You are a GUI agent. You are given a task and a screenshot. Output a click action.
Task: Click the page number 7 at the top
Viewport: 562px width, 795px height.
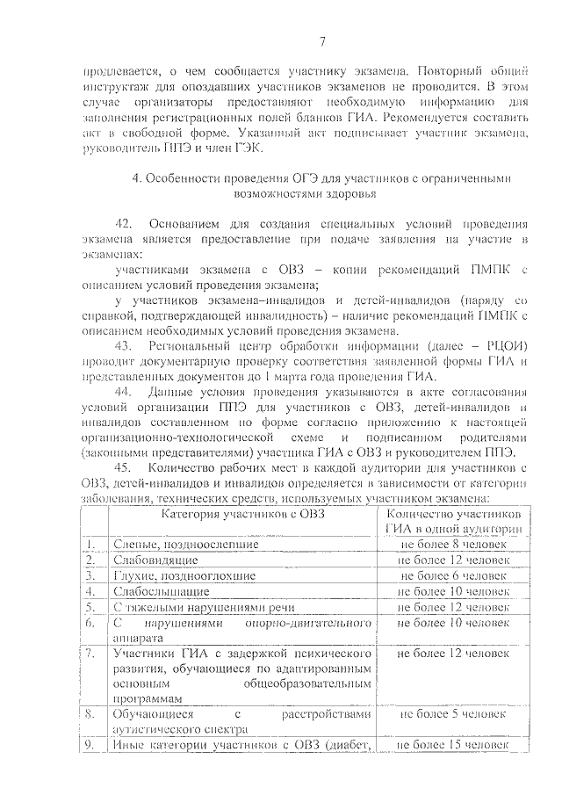tap(322, 40)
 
